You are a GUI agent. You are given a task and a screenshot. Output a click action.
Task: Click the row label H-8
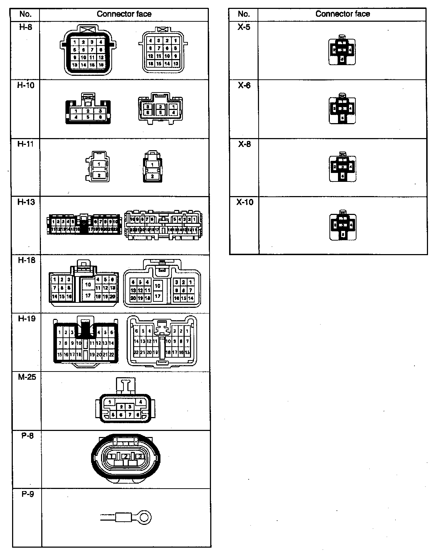click(26, 27)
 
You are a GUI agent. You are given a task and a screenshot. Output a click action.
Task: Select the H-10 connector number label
click(26, 85)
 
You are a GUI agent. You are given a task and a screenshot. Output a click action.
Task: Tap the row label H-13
click(26, 202)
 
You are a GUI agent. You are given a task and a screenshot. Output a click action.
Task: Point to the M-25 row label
click(27, 377)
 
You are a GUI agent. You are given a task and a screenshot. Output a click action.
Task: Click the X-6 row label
click(244, 85)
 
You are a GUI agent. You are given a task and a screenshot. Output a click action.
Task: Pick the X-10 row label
click(245, 202)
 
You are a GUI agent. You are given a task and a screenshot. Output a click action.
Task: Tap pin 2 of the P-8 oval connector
click(125, 456)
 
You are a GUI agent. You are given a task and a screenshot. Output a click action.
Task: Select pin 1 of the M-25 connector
click(110, 402)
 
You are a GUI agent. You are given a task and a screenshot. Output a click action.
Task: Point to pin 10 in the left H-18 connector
click(88, 284)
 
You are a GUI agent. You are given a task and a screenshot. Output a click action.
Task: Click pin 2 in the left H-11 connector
click(99, 175)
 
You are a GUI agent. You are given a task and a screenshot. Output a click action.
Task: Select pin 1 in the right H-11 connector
click(152, 165)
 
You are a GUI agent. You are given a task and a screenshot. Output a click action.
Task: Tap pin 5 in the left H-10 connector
click(88, 117)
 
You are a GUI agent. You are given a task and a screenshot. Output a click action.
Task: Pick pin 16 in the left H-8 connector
click(101, 65)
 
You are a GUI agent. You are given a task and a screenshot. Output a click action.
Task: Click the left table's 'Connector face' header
click(124, 14)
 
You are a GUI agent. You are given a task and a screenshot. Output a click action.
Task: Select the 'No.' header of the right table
click(244, 14)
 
